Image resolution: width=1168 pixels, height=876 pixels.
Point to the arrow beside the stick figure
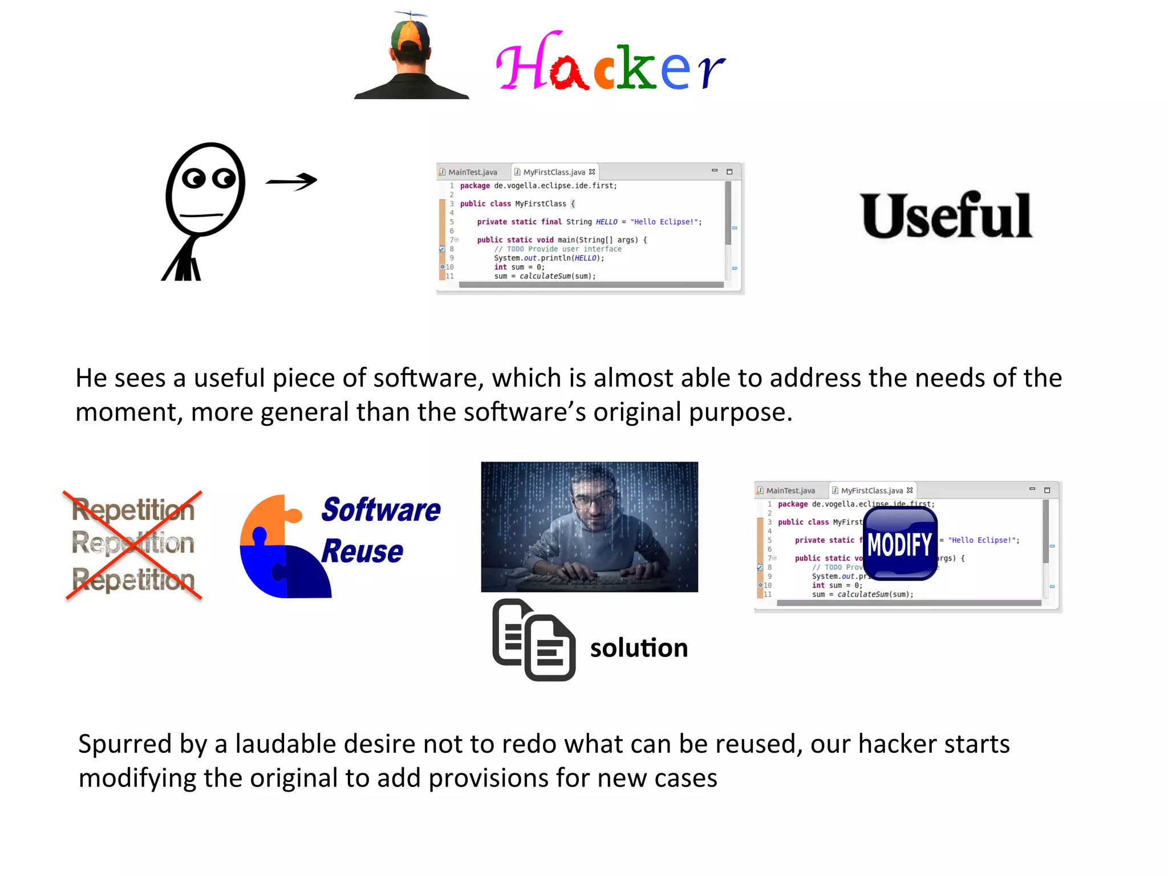[291, 181]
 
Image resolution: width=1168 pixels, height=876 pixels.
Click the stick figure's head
[205, 188]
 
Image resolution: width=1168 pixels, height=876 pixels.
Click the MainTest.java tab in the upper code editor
[472, 172]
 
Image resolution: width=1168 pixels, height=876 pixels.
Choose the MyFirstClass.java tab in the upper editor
[553, 172]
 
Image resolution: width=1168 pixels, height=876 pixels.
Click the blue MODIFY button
[900, 544]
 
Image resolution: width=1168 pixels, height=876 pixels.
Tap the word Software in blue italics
[380, 510]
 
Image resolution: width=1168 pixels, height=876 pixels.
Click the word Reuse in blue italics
[362, 551]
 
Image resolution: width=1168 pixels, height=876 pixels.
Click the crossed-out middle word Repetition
[133, 544]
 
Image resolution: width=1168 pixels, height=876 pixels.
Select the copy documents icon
[534, 640]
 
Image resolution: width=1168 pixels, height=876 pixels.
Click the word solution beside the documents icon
[639, 648]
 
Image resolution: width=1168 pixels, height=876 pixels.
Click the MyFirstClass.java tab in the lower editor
[871, 490]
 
